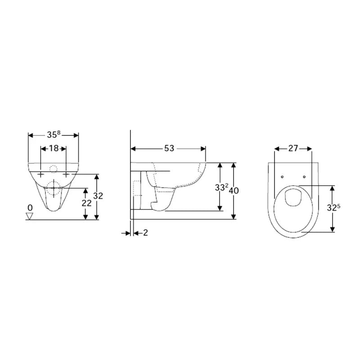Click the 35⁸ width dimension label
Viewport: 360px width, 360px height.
54,135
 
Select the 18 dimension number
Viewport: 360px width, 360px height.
54,148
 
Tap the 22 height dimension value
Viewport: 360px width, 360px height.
86,203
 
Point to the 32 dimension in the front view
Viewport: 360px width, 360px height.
98,196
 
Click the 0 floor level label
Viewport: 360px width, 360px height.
30,208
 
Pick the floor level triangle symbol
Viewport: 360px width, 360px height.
30,216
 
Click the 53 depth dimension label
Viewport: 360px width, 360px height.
169,148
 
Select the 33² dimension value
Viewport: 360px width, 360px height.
221,187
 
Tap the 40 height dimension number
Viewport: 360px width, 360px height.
234,190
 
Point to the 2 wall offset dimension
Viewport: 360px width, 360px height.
145,233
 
